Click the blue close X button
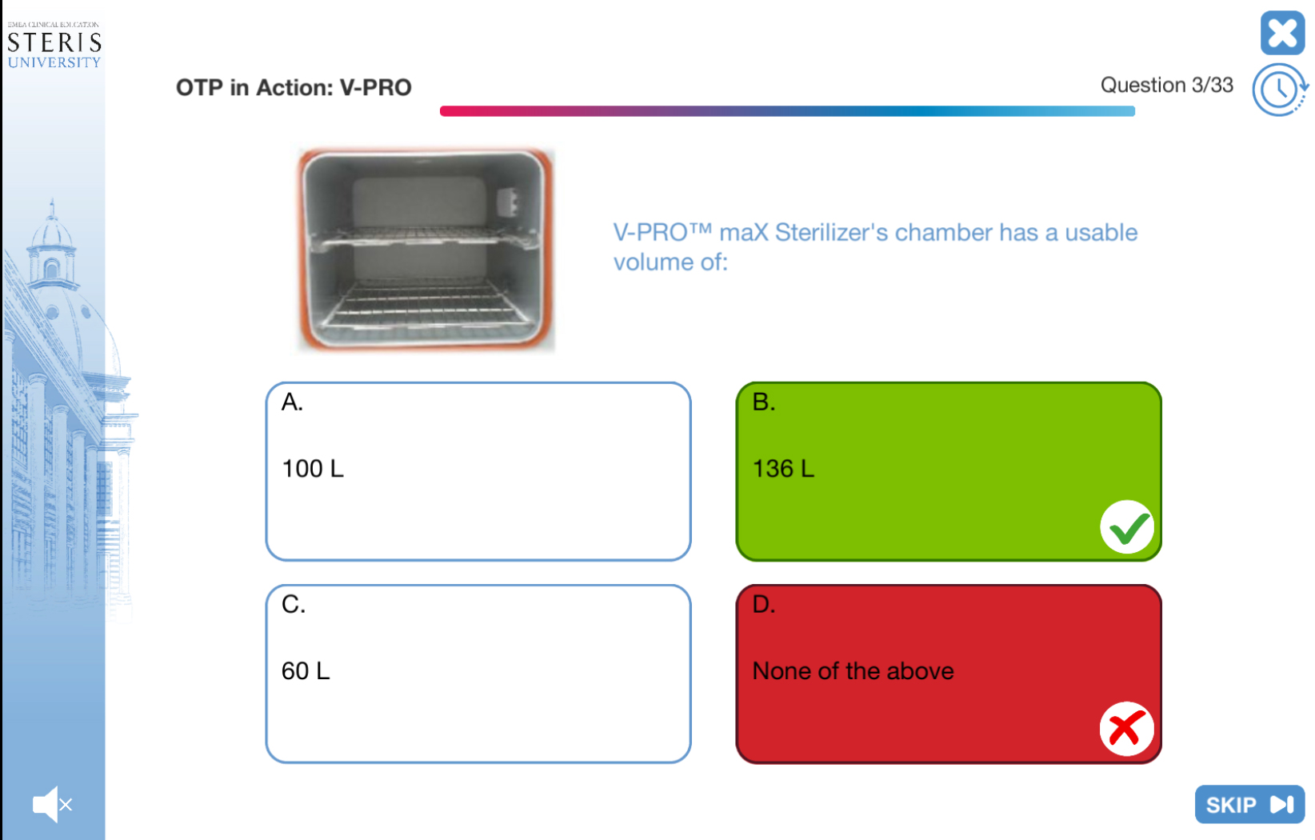[1282, 33]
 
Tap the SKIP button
[1249, 804]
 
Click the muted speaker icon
[52, 804]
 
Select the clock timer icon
[1280, 90]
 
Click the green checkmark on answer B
[1127, 527]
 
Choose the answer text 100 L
[312, 469]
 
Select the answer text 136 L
[783, 469]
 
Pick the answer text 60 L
[306, 670]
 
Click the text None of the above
[853, 670]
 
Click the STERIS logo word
[54, 43]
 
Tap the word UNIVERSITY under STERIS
[54, 62]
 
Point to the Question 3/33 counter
[1166, 85]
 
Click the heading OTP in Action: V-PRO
[294, 87]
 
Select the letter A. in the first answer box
[292, 402]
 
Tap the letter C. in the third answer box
[294, 604]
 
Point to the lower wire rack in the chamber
[424, 306]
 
